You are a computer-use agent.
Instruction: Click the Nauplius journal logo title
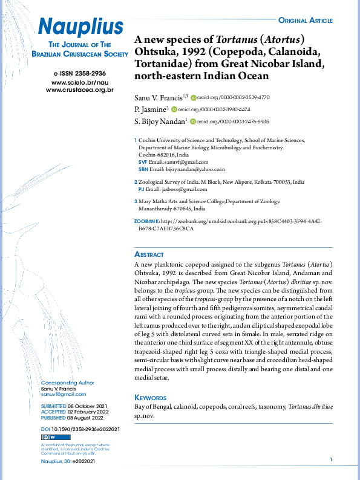click(x=80, y=26)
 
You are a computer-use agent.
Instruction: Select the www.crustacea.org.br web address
click(x=80, y=89)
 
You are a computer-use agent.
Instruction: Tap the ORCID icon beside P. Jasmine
click(x=174, y=109)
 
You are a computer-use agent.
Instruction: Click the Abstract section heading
click(x=148, y=255)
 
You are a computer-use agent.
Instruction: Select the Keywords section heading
click(x=150, y=397)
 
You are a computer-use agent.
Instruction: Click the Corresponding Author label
click(x=67, y=382)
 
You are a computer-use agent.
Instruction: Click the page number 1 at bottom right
click(x=331, y=461)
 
